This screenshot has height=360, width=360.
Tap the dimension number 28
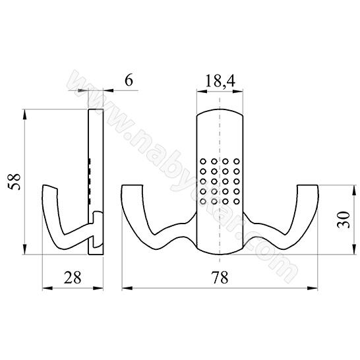(73, 277)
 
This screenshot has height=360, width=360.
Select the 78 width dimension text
(220, 277)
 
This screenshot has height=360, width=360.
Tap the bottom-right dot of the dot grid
(236, 200)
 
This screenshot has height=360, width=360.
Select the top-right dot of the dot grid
(236, 160)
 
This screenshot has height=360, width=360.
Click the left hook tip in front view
(131, 188)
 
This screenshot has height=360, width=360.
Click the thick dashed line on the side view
(89, 181)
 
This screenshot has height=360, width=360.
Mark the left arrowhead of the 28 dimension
(46, 288)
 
